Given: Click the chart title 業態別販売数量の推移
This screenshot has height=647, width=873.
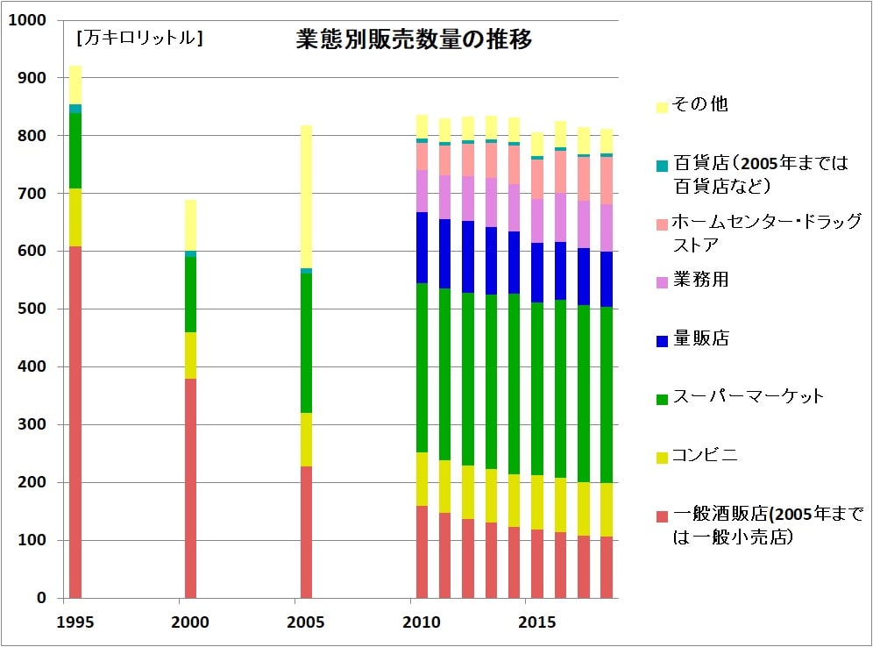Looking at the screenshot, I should point(412,39).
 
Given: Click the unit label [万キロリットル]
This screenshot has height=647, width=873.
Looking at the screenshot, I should point(139,39).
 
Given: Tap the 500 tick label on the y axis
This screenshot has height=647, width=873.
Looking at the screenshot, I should point(32,309).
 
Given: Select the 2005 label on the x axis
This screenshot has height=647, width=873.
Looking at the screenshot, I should point(306,622).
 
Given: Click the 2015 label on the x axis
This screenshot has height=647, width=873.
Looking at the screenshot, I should point(537,622).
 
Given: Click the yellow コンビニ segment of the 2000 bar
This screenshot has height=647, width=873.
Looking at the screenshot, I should point(190,355).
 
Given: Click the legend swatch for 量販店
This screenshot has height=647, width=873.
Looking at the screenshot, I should point(662,339).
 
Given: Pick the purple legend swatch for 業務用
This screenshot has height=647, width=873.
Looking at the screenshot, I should point(662,281).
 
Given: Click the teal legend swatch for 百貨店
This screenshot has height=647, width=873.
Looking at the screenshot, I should point(662,165).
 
